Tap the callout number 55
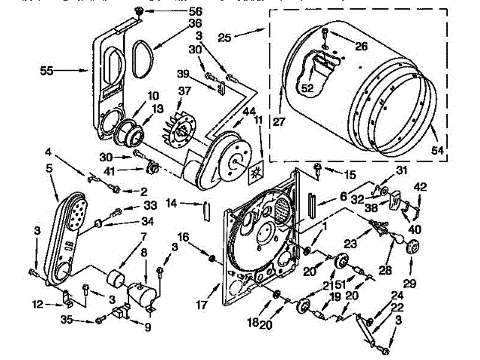pos(47,72)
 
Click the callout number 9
pos(147,327)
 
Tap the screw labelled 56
pos(139,9)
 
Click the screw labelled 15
pos(318,167)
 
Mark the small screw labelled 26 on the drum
pos(323,34)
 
